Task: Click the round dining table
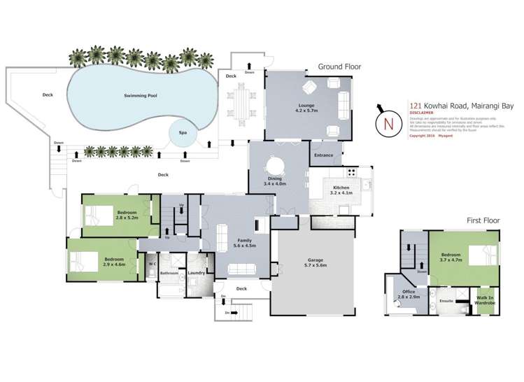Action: pos(275,166)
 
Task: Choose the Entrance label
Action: pos(324,155)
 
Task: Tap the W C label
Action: pos(152,264)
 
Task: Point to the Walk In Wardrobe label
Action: pos(486,301)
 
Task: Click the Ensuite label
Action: pos(446,301)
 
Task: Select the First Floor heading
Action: pos(483,220)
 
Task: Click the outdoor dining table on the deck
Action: pos(242,103)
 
